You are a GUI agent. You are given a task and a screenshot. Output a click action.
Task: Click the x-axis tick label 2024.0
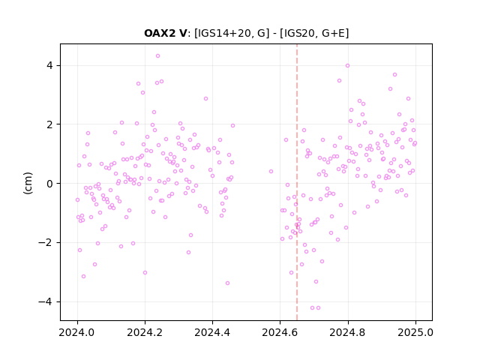[x=77, y=332]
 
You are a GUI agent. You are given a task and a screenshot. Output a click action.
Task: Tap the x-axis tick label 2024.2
[x=145, y=332]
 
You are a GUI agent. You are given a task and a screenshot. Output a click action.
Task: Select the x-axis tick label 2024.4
[x=212, y=332]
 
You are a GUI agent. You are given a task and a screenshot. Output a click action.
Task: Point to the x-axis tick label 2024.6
[x=280, y=332]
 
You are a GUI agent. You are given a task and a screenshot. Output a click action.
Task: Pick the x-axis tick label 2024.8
[x=347, y=332]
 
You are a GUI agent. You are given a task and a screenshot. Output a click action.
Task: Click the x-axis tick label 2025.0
[x=415, y=332]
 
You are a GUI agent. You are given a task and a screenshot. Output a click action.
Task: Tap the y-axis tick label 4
[x=49, y=65]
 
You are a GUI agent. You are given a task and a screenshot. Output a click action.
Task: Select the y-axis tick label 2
[x=49, y=124]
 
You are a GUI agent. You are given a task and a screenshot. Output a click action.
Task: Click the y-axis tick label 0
[x=49, y=184]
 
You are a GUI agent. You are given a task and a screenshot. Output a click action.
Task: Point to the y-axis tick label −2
[x=45, y=243]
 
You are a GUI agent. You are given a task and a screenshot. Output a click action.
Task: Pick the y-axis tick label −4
[x=45, y=301]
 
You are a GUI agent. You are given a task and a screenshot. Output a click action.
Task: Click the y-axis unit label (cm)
[x=28, y=183]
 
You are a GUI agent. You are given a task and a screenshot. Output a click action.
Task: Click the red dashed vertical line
[x=297, y=182]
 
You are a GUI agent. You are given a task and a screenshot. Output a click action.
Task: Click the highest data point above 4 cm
[x=157, y=56]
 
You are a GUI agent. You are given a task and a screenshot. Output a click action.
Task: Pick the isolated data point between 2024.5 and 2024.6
[x=271, y=172]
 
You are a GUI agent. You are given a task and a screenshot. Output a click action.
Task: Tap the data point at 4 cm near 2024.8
[x=347, y=66]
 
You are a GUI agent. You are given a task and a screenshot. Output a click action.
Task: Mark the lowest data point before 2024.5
[x=227, y=283]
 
